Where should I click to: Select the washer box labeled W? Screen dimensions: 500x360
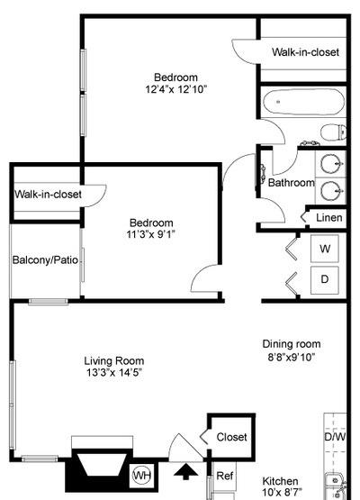coord(325,248)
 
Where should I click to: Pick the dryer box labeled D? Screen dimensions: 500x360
coord(325,279)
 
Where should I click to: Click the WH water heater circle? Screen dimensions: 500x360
coord(142,475)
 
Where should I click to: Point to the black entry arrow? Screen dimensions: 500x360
coord(187,472)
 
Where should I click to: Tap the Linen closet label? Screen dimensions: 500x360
coord(328,217)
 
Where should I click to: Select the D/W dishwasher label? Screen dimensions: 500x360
coord(335,438)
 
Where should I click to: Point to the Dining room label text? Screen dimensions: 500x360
coord(291,343)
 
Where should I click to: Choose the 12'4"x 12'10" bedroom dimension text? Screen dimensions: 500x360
coord(175,90)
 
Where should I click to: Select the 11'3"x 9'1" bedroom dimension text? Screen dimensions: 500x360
coord(150,235)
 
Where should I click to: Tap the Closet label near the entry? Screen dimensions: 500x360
coord(231,436)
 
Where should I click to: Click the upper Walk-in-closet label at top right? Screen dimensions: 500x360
coord(305,52)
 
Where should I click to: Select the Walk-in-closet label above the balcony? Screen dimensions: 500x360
coord(48,194)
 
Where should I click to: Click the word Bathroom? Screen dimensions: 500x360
coord(291,183)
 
